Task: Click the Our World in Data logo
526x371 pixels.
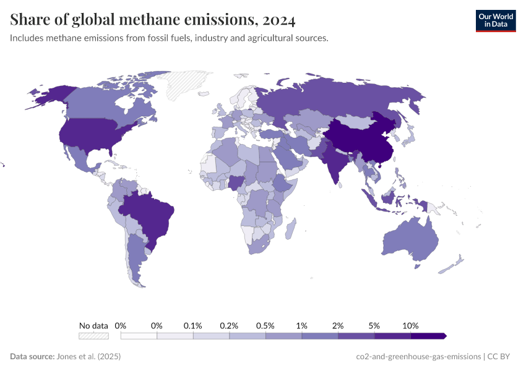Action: (495, 20)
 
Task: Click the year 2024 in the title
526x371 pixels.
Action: (278, 20)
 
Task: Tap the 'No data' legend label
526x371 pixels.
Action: (93, 325)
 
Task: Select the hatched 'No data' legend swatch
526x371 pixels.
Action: (93, 336)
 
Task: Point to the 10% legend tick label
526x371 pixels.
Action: (410, 325)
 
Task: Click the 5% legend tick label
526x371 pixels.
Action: (374, 325)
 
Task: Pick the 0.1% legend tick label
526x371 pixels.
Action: (193, 325)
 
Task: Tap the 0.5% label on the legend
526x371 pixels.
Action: (265, 325)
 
